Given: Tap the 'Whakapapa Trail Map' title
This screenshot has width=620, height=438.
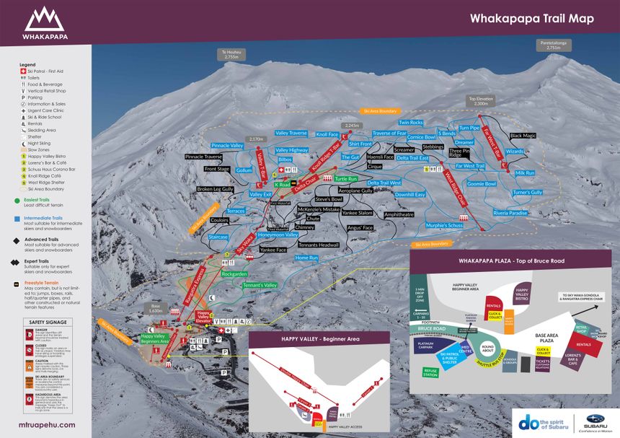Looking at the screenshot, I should [x=532, y=19].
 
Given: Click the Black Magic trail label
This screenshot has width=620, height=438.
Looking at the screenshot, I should [x=523, y=136].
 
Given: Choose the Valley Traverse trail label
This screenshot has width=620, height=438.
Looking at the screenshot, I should [x=291, y=133].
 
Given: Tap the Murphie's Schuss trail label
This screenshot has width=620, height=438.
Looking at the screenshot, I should [x=444, y=226].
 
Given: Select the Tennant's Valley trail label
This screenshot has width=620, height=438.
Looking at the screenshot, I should [x=260, y=285].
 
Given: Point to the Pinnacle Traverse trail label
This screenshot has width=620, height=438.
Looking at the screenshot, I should [x=204, y=157].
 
